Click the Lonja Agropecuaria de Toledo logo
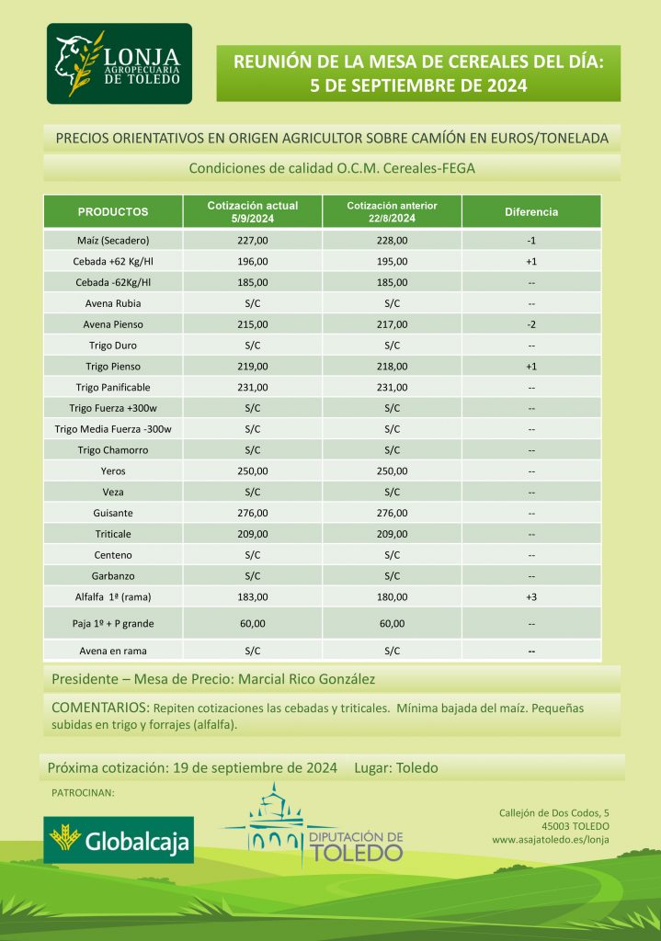click(120, 64)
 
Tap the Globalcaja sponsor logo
click(120, 840)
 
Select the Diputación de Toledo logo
click(326, 827)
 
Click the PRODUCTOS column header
click(113, 211)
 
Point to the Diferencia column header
click(531, 211)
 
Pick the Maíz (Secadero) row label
click(113, 241)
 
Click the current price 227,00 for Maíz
click(253, 241)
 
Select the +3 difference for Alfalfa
click(531, 596)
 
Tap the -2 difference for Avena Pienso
click(531, 323)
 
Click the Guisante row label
click(113, 513)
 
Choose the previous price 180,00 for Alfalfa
click(392, 596)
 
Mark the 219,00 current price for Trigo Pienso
click(253, 366)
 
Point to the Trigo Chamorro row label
click(113, 450)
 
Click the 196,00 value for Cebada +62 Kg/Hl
click(253, 262)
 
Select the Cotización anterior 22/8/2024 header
click(392, 211)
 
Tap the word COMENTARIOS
click(99, 709)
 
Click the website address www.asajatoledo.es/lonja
click(550, 839)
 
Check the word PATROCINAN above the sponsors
click(82, 792)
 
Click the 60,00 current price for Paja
click(253, 623)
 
